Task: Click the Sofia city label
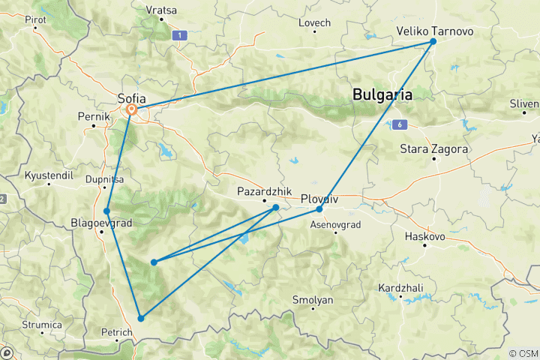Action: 132,97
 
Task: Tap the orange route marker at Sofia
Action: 132,109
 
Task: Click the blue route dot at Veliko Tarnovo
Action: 433,42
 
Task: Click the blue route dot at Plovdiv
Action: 319,208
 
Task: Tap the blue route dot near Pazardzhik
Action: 276,208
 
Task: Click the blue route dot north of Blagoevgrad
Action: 107,211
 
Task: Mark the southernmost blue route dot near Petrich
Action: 140,318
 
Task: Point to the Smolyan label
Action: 313,299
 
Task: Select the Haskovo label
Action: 424,236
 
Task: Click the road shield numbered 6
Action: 402,124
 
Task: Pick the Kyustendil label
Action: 48,175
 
